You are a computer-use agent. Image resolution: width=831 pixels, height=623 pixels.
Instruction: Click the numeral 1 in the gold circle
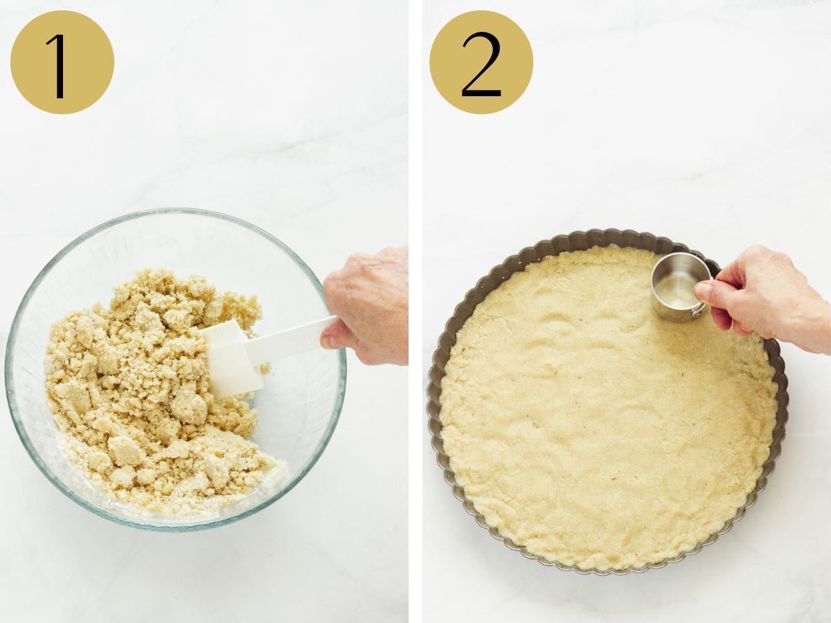[x=60, y=66]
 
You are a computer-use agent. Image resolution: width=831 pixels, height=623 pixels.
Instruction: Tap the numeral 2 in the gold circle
[x=481, y=64]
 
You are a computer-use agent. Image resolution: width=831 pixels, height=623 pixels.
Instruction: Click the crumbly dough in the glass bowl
[x=138, y=388]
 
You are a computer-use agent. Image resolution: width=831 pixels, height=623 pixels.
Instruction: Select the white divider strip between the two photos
[x=415, y=311]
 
